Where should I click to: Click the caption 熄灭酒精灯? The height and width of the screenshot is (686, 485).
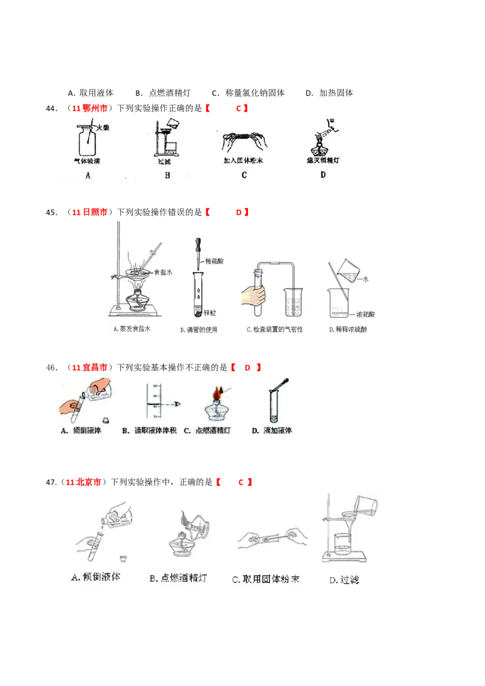coord(323,161)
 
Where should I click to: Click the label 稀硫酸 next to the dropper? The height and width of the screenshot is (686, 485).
coord(216,262)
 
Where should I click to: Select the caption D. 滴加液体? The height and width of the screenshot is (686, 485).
coord(272,431)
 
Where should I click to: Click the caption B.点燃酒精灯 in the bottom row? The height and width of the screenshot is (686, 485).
coord(178,578)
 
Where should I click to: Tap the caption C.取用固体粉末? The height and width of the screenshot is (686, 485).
coord(266,579)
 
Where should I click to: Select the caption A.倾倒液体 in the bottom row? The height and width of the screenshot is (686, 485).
coord(96,576)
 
